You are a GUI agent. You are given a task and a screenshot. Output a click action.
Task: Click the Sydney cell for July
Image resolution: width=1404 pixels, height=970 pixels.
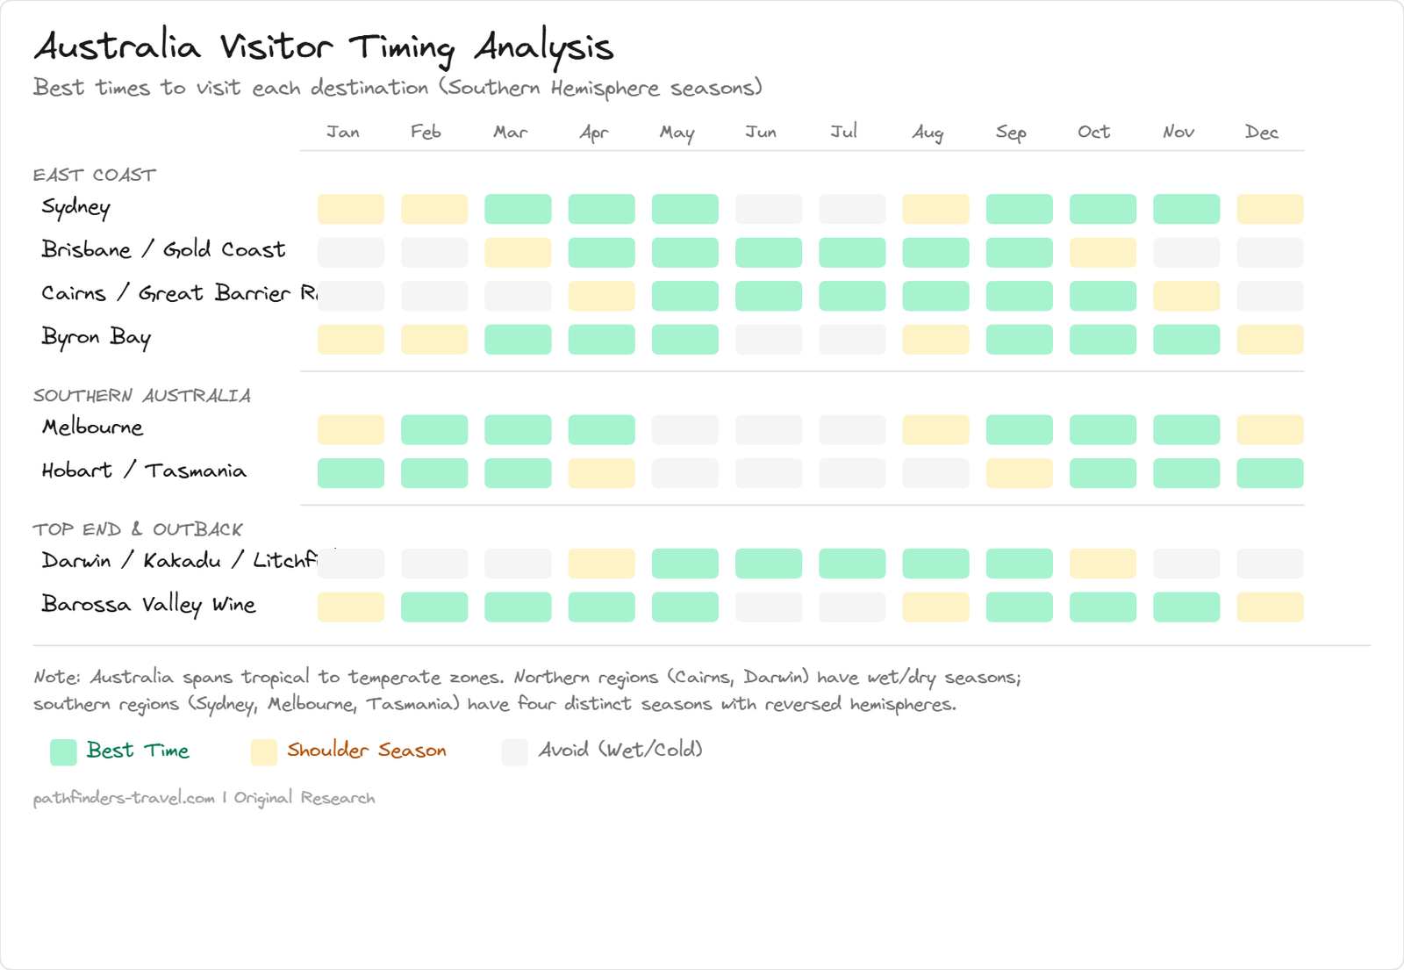tap(852, 209)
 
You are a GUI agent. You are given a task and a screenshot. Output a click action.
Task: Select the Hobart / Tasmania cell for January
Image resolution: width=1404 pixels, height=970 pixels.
tap(350, 473)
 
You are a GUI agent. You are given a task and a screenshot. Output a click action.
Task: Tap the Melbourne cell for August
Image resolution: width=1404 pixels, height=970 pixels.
tap(935, 430)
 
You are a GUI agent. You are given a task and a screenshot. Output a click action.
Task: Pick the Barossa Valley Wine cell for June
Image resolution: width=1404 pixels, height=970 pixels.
tap(769, 607)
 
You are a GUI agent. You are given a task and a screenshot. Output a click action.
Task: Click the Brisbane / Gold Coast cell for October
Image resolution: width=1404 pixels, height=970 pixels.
tap(1103, 253)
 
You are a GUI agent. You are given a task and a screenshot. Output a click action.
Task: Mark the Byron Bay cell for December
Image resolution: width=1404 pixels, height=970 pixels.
tap(1270, 340)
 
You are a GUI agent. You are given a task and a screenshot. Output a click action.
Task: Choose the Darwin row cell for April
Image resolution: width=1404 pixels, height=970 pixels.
tap(601, 564)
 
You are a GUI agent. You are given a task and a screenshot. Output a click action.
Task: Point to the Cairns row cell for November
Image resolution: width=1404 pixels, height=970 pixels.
tap(1186, 296)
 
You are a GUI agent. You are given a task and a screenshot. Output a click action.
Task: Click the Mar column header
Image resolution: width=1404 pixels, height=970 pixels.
tap(510, 133)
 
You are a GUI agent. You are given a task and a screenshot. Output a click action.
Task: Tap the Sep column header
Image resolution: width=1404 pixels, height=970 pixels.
tap(1011, 133)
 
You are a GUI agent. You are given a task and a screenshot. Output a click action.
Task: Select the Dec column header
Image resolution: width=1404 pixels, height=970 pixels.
tap(1262, 133)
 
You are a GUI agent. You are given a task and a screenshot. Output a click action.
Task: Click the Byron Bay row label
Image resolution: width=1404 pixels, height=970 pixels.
tap(97, 338)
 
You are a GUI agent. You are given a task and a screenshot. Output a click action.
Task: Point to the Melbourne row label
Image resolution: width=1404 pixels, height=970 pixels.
tap(93, 428)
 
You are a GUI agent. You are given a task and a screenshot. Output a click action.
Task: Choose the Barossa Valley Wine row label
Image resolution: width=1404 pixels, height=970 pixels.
tap(149, 605)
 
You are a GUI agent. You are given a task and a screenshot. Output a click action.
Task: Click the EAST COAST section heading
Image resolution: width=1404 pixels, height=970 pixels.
tap(95, 176)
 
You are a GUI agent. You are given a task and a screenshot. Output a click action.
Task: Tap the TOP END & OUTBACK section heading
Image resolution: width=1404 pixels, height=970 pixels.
tap(138, 529)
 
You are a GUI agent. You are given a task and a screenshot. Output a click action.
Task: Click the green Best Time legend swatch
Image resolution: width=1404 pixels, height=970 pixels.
tap(63, 752)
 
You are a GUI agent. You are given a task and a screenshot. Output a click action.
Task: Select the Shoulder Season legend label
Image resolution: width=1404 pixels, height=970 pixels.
tap(367, 751)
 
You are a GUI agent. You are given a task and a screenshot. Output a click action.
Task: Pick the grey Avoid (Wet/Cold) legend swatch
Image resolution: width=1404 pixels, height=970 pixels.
tap(514, 752)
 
